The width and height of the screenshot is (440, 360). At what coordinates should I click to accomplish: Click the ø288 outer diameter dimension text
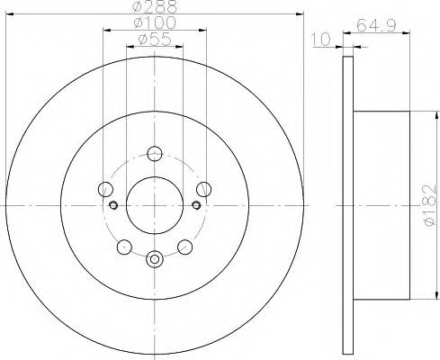click(154, 7)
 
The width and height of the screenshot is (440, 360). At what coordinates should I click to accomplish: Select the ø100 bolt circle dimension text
click(154, 22)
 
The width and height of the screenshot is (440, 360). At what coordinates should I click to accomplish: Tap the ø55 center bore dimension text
click(154, 39)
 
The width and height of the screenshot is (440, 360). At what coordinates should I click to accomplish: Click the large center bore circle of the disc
click(154, 204)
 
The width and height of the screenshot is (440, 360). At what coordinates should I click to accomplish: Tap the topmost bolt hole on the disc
click(154, 152)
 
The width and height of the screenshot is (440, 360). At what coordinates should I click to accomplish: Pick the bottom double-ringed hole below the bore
click(154, 259)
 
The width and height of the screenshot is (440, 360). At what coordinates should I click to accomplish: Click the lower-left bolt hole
click(124, 246)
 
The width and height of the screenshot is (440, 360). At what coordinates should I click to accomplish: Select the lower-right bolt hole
click(184, 246)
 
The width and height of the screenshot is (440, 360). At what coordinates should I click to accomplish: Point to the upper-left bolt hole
click(105, 189)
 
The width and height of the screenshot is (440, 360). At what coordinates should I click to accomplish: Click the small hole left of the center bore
click(113, 205)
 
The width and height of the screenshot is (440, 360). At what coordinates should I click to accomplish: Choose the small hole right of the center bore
click(195, 205)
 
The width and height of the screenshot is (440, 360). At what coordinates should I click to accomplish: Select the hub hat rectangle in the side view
click(383, 205)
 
